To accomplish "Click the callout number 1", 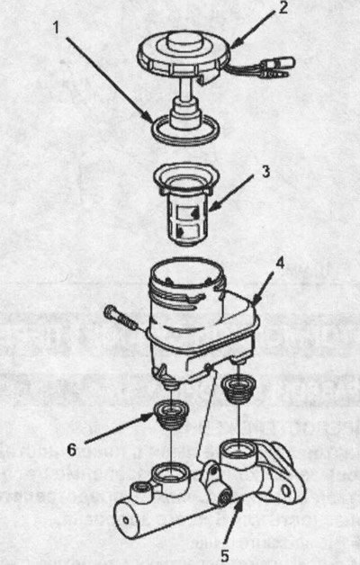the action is point(56,28).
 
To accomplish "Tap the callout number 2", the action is point(283,7).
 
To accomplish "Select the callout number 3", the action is point(265,172).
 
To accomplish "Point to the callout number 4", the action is point(280,263).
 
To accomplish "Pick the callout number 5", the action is point(224,556).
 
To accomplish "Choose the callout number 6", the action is point(72,449).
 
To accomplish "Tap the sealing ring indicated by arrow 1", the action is point(185,139).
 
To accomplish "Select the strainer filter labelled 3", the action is point(186,203).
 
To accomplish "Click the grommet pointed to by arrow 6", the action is point(172,416).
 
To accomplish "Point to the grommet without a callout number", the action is point(238,390).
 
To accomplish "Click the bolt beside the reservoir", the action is point(121,318).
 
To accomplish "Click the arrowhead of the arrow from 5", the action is point(238,505).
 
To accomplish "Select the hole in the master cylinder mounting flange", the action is point(286,490).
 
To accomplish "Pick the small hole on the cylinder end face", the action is point(125,520).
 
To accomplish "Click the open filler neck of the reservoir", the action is point(187,270).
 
